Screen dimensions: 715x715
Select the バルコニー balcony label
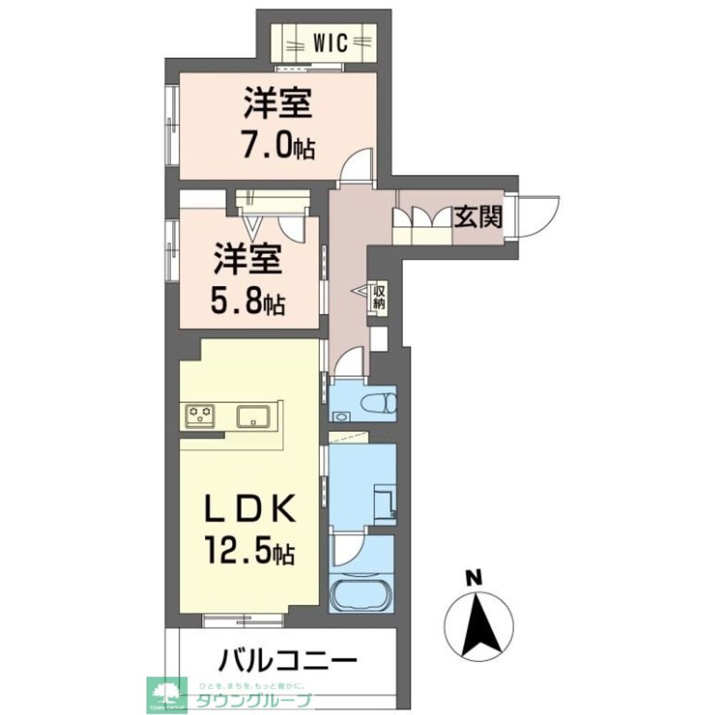[x=286, y=658]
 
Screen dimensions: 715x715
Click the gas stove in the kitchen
[x=201, y=415]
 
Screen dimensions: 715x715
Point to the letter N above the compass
[x=471, y=577]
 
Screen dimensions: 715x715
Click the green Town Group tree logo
[x=166, y=693]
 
